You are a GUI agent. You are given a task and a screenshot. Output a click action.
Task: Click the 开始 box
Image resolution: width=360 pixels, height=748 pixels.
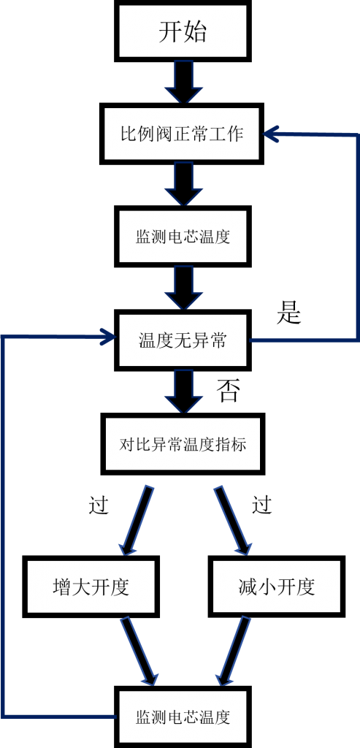[x=183, y=31]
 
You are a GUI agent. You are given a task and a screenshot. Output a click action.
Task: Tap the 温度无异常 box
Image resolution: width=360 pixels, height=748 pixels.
[x=183, y=340]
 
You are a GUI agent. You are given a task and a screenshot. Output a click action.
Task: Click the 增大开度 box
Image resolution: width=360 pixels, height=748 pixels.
[x=91, y=587]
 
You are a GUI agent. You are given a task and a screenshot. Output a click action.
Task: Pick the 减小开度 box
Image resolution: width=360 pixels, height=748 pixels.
[x=277, y=587]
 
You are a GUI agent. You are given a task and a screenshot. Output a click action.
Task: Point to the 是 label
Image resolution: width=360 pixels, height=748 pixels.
[x=289, y=313]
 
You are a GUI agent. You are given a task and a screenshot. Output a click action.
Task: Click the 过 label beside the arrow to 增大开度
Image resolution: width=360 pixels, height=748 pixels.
[x=99, y=505]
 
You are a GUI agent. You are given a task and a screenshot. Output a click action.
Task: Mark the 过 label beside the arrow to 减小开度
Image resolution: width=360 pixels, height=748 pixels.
[x=261, y=505]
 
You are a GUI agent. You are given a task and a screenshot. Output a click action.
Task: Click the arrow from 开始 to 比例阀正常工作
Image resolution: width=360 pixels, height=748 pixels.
[x=183, y=82]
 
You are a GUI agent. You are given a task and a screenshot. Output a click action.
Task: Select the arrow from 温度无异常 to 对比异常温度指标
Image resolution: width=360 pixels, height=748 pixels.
[x=183, y=392]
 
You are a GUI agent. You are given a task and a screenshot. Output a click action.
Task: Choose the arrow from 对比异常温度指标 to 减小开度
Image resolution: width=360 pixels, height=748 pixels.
[x=232, y=520]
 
